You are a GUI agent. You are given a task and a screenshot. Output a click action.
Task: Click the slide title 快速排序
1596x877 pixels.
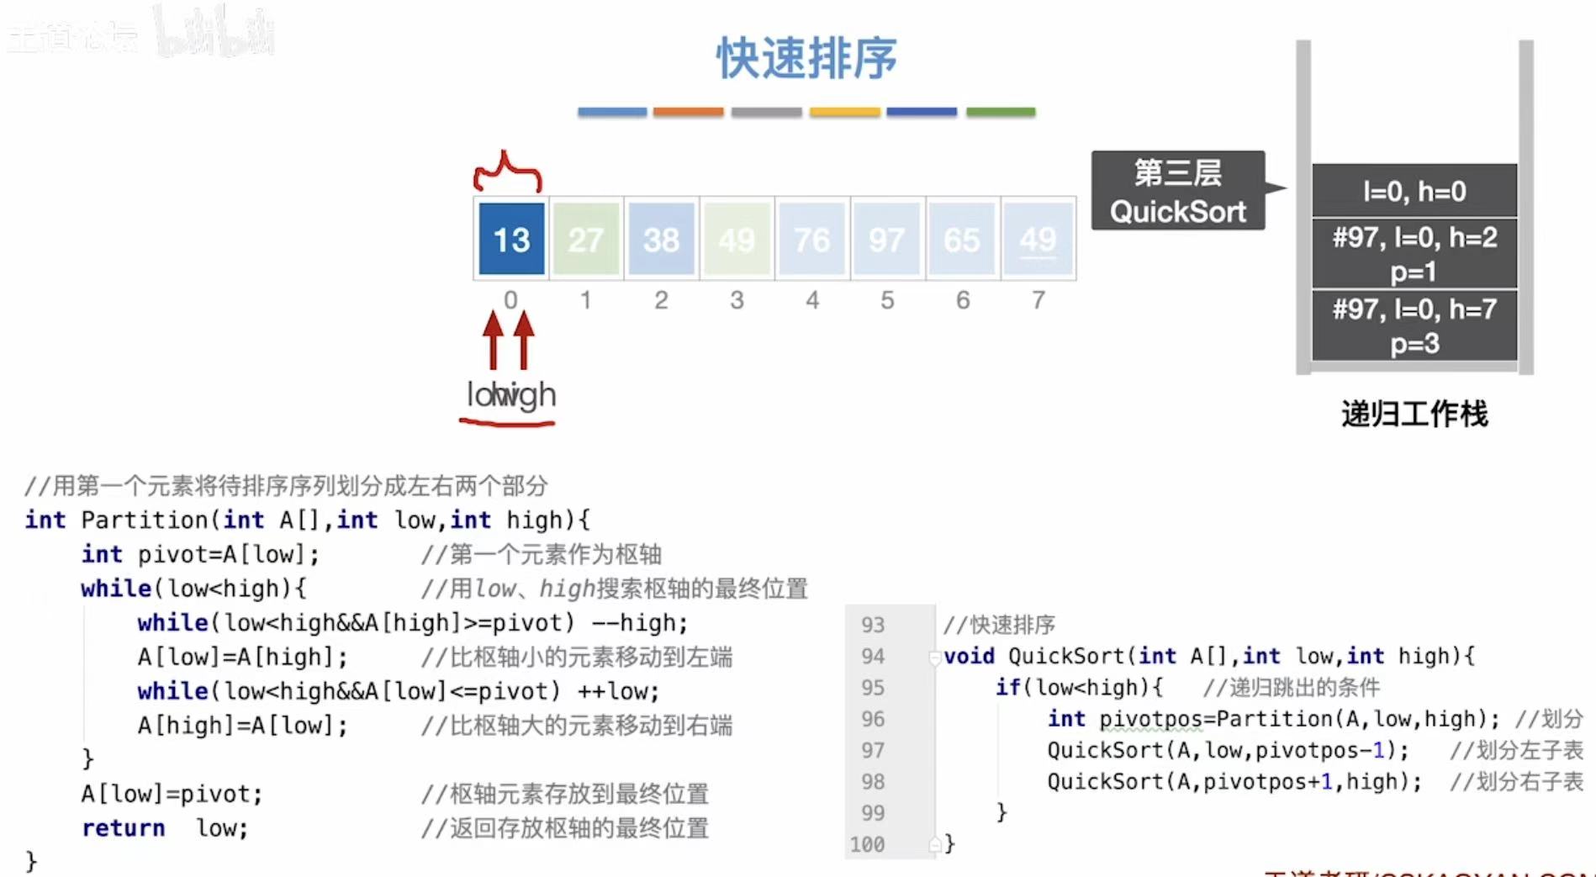pos(806,58)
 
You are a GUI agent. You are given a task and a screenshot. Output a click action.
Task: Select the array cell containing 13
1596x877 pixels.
pos(511,240)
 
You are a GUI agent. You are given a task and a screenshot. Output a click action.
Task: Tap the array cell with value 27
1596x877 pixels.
pos(586,240)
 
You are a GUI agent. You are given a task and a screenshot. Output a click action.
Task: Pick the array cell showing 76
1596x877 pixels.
pos(812,240)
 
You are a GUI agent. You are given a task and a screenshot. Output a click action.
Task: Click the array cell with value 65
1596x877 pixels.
pos(962,240)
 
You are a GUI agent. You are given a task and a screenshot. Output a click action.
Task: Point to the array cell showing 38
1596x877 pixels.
pos(662,240)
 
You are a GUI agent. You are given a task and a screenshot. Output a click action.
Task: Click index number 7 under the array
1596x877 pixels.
pos(1038,300)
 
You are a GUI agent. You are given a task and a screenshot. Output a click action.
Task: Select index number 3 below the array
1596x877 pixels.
pos(737,300)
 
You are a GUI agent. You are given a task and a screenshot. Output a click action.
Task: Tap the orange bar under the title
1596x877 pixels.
pos(688,112)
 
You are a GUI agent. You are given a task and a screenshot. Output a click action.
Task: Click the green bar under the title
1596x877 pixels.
pos(1001,112)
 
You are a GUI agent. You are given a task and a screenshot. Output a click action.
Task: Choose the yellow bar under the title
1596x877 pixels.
pos(844,112)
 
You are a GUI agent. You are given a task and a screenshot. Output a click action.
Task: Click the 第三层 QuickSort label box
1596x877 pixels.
pos(1177,191)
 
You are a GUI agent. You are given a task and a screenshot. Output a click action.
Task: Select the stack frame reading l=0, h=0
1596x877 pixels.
pos(1414,192)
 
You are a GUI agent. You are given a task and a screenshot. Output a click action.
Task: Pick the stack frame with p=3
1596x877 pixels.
pos(1414,326)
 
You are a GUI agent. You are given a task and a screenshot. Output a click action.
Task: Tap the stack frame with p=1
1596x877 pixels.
pos(1414,254)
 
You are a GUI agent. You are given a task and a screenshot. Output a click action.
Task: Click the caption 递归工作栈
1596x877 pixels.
pos(1414,414)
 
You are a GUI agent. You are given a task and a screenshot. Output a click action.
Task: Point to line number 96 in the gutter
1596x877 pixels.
pos(873,719)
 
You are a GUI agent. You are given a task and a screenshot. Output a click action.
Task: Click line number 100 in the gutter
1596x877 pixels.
pos(867,844)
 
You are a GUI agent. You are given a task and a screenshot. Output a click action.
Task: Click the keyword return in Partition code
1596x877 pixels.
pos(123,828)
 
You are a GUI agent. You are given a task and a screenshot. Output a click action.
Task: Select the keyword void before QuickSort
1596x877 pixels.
pos(969,656)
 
